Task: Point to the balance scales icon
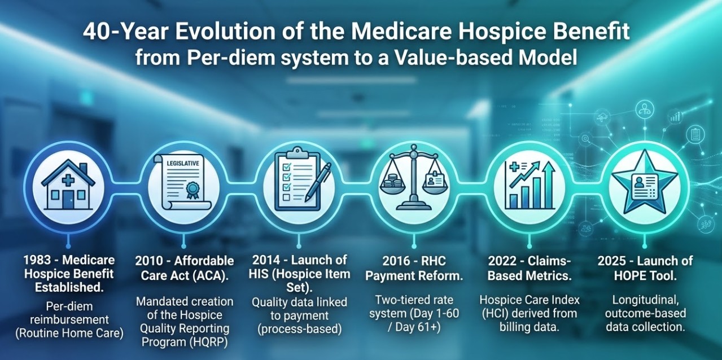click(x=412, y=180)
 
